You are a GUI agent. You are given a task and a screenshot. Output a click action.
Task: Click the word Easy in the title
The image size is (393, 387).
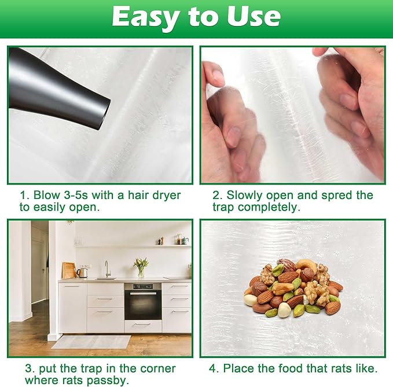(145, 17)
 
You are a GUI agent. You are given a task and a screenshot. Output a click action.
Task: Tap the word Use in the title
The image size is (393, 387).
(254, 16)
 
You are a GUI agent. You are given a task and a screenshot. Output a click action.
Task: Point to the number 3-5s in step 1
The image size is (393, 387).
(76, 195)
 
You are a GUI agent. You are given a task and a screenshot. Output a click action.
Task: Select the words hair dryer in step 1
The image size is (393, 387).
(154, 196)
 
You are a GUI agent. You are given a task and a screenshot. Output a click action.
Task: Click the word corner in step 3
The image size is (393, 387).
(158, 368)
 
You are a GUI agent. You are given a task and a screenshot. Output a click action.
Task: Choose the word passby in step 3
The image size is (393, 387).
(108, 381)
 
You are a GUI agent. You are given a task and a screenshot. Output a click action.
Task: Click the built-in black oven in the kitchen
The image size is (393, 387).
(143, 301)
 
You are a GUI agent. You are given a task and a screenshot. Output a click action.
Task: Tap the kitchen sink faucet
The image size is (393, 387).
(107, 269)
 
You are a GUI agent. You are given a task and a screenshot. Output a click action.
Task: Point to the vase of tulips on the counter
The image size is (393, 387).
(141, 267)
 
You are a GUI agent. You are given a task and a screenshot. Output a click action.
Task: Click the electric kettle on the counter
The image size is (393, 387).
(83, 273)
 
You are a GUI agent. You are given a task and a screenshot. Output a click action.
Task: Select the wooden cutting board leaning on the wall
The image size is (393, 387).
(69, 271)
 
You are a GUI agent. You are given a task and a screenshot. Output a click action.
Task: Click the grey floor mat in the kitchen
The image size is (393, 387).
(91, 342)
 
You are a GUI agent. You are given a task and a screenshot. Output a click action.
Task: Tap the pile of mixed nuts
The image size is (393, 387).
(293, 288)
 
